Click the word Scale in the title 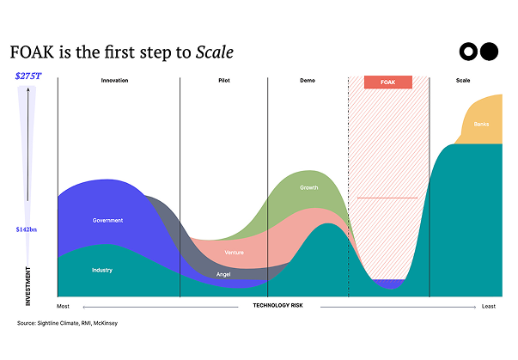(x=215, y=52)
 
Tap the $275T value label (x=28, y=76)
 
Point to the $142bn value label (x=28, y=229)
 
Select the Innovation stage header (x=114, y=81)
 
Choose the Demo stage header (x=307, y=81)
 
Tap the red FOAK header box (x=387, y=82)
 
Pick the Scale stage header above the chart (x=463, y=81)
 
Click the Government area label (x=107, y=221)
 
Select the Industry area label (x=102, y=271)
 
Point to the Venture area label (x=234, y=253)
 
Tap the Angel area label (x=223, y=275)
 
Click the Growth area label (x=308, y=187)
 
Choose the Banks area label (x=481, y=125)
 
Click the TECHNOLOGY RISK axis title (x=279, y=305)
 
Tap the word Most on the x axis (x=63, y=306)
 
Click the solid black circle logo (x=489, y=52)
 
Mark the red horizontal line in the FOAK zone (x=387, y=198)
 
